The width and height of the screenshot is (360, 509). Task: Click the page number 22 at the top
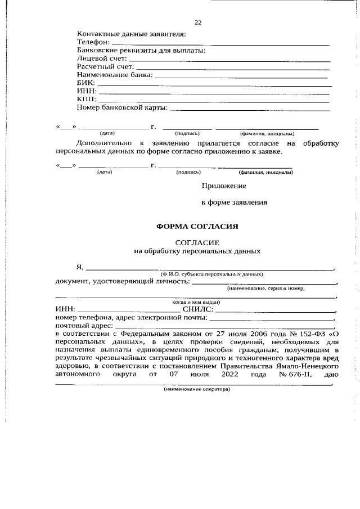tap(197, 22)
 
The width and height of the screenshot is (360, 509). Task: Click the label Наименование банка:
tap(114, 75)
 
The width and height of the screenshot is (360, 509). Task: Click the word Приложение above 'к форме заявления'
tap(223, 185)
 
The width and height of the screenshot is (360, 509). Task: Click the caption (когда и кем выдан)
tap(196, 301)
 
